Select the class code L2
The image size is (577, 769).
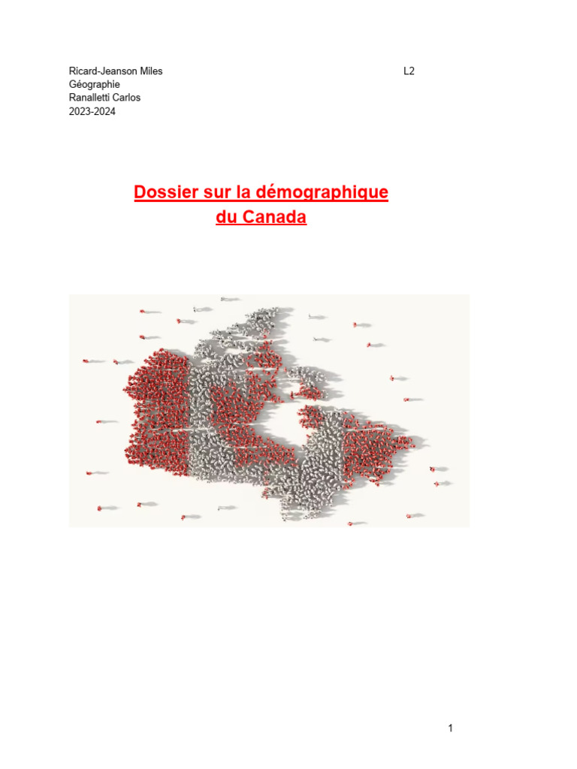pyautogui.click(x=409, y=71)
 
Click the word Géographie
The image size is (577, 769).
pyautogui.click(x=94, y=85)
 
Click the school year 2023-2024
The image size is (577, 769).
pyautogui.click(x=92, y=112)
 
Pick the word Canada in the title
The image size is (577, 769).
pyautogui.click(x=275, y=219)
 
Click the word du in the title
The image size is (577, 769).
pyautogui.click(x=227, y=219)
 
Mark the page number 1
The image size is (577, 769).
pyautogui.click(x=450, y=728)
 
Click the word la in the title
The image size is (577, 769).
pyautogui.click(x=243, y=192)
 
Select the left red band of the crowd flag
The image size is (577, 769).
pyautogui.click(x=158, y=413)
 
